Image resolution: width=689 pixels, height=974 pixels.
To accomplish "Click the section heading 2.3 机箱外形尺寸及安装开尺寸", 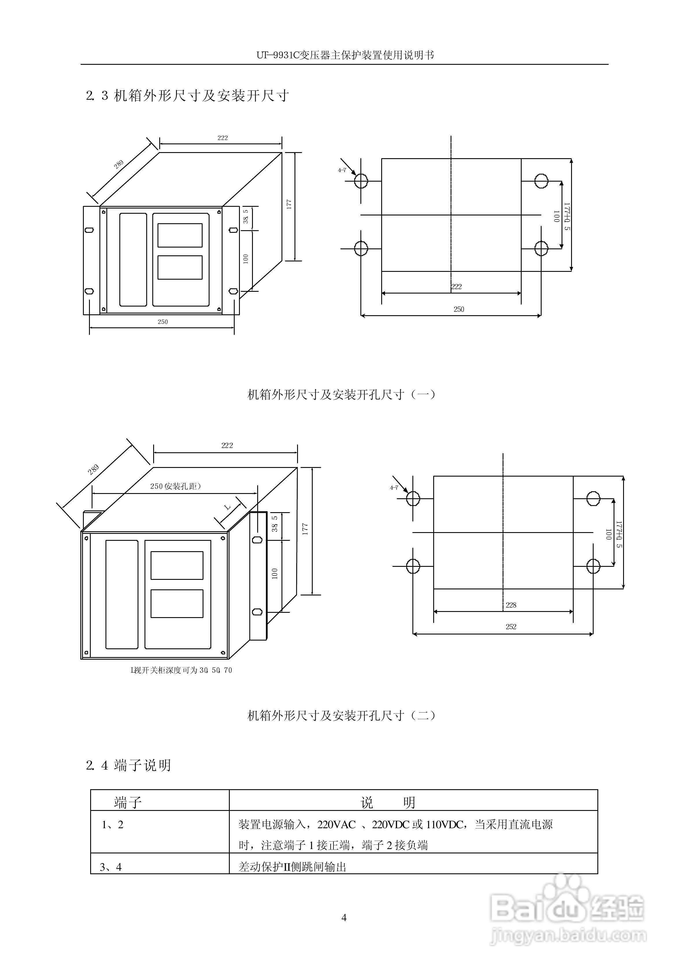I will coord(187,96).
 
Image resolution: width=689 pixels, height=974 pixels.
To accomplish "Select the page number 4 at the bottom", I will coord(344,918).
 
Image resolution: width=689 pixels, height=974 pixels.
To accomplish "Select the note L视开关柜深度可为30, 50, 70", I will coord(181,670).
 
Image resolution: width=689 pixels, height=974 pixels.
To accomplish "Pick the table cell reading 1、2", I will coord(112,824).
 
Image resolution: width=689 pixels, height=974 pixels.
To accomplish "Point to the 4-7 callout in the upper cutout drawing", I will coord(342,170).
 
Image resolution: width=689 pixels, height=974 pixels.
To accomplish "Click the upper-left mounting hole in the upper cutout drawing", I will coord(361,181).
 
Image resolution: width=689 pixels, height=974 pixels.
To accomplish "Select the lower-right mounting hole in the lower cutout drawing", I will coord(593,566).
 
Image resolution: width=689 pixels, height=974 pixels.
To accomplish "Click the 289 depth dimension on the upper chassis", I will coord(119,165).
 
